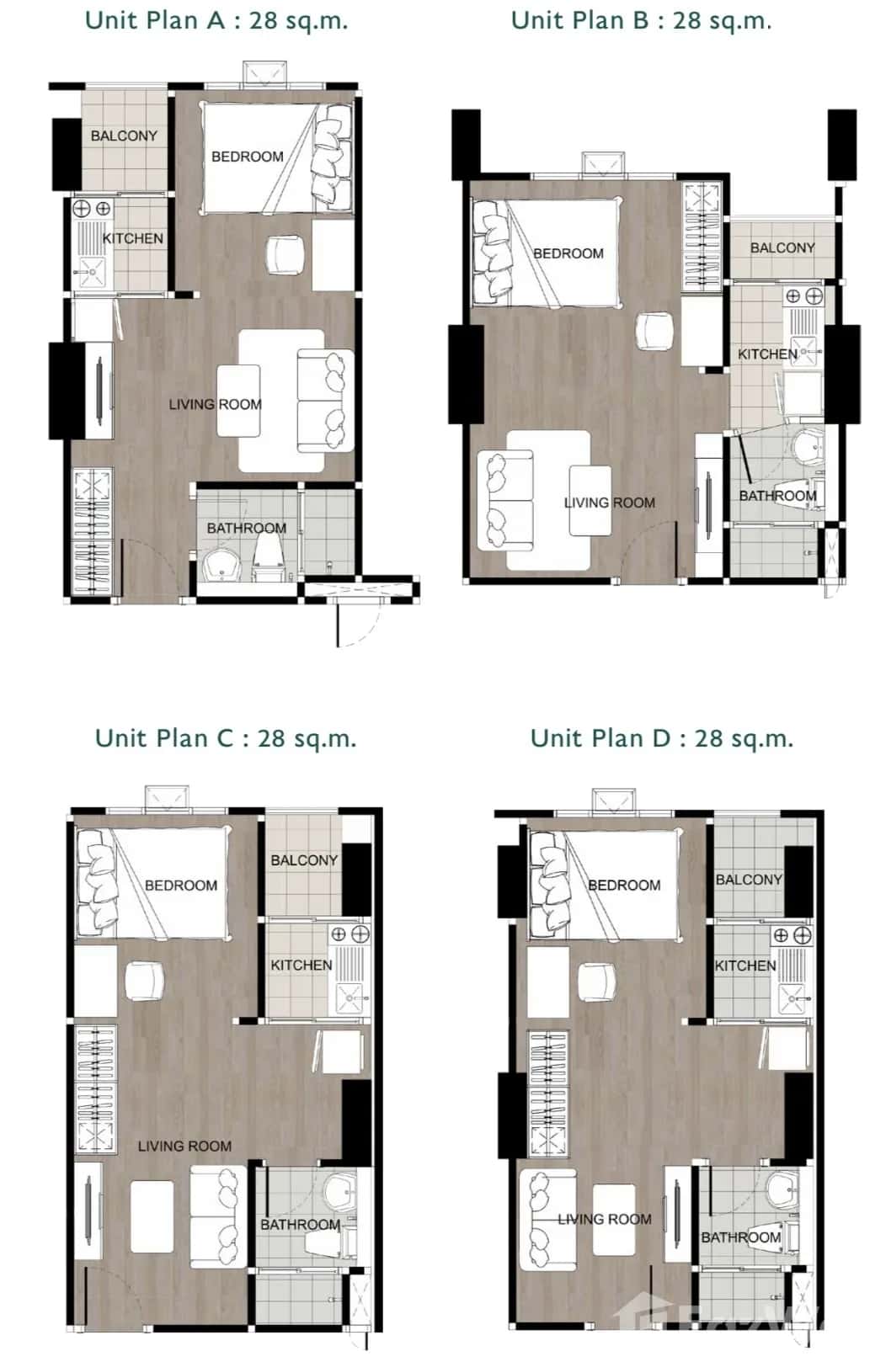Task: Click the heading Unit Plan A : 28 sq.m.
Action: [x=216, y=20]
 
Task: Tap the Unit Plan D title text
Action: [x=662, y=738]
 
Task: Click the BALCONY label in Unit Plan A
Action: [x=124, y=136]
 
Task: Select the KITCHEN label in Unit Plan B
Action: [x=766, y=354]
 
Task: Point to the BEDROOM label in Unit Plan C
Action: [x=181, y=886]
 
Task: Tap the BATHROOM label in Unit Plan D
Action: [x=740, y=1237]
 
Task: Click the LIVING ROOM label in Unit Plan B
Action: [x=609, y=503]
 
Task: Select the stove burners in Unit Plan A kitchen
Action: [x=92, y=208]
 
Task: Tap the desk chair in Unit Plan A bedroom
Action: [x=284, y=254]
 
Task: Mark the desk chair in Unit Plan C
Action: [x=144, y=982]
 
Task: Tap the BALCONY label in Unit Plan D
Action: [x=749, y=880]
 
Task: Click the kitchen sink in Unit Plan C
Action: [x=350, y=998]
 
